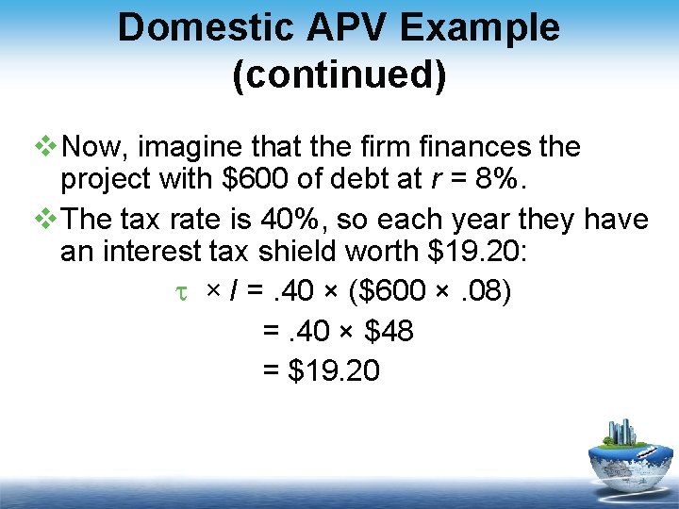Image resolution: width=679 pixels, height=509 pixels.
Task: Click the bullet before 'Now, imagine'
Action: (44, 148)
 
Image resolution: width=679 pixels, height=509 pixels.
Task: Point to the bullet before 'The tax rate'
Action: (44, 220)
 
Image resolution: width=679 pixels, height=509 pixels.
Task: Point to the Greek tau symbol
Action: (184, 293)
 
